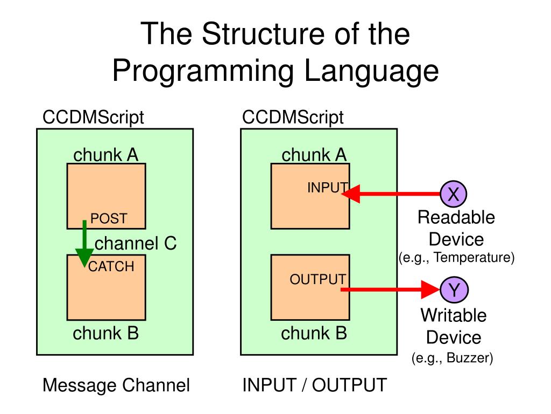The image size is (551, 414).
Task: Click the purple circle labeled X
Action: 454,194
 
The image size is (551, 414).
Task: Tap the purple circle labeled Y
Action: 454,290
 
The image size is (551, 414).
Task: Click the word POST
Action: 109,218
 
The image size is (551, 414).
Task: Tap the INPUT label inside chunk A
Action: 327,188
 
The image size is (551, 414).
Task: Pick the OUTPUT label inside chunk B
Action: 317,279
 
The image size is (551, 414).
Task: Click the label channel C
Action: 136,244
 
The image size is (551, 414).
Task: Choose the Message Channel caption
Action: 116,385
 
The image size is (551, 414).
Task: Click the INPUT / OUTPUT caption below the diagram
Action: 314,385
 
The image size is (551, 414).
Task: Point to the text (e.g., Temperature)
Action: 457,258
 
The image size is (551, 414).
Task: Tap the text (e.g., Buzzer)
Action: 453,357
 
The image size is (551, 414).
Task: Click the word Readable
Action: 456,218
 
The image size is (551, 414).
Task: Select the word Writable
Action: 453,315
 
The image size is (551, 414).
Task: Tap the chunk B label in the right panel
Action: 314,334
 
